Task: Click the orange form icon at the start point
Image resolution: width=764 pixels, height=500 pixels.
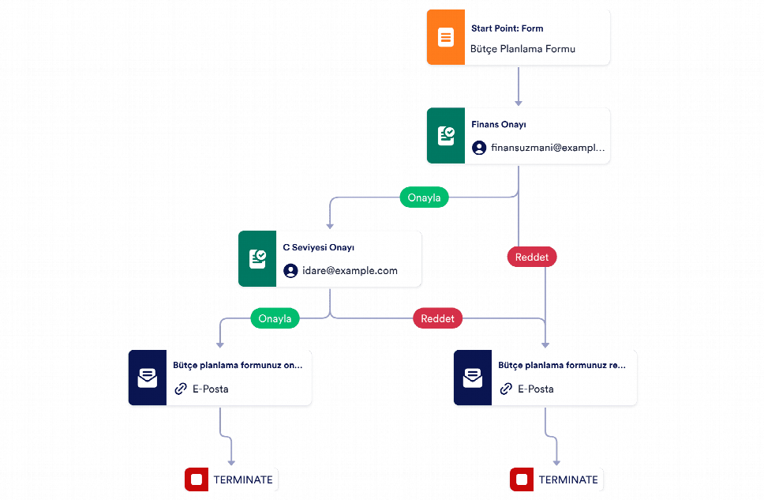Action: tap(446, 37)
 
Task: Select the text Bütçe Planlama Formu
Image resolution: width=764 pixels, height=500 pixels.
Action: tap(522, 49)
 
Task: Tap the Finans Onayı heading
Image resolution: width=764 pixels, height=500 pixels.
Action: tap(499, 124)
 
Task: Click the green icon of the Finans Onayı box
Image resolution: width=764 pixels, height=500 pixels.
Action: tap(446, 136)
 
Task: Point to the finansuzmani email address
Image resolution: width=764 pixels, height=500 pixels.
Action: tap(548, 148)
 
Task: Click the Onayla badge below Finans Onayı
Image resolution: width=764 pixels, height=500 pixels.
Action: tap(424, 197)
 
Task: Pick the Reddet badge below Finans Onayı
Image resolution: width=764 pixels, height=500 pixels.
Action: tap(532, 257)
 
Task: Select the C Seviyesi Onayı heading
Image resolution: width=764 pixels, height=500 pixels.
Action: tap(319, 247)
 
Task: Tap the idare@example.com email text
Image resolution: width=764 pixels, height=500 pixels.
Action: tap(350, 271)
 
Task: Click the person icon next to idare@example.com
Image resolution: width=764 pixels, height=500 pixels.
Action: tap(290, 271)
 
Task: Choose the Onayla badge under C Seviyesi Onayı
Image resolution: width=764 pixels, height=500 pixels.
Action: tap(275, 318)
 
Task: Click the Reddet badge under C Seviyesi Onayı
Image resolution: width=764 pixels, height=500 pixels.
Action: tap(437, 318)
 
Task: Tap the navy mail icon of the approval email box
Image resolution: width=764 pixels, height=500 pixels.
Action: tap(148, 378)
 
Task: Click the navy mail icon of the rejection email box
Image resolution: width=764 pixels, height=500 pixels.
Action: tap(473, 378)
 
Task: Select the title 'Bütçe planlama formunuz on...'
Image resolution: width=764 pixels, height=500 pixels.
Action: tap(238, 366)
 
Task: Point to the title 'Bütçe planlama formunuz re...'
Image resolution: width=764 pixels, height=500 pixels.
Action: tap(562, 366)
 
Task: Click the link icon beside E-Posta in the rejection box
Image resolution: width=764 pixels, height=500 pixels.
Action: tap(506, 389)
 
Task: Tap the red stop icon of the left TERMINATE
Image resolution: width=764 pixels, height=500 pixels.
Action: tap(197, 479)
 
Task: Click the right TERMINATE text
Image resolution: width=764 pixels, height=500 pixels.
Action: tap(568, 480)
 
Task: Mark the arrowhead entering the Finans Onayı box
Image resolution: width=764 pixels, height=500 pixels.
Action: tap(519, 103)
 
